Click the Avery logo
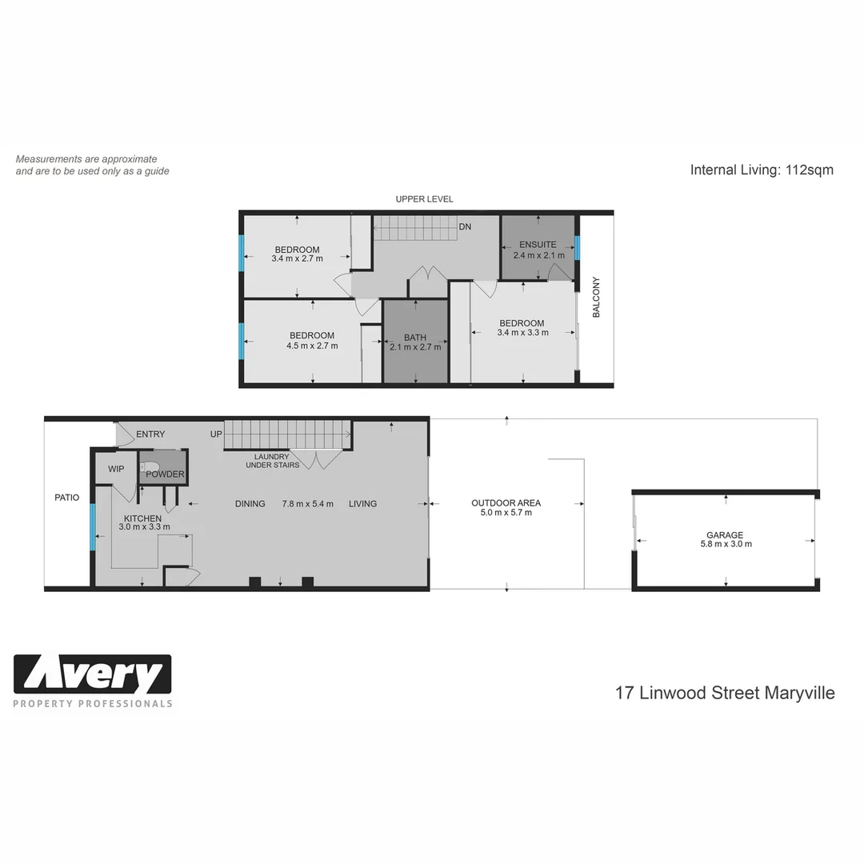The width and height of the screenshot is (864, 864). (x=93, y=675)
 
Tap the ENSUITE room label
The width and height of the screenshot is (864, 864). (x=537, y=245)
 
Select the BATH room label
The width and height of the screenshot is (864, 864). (x=415, y=338)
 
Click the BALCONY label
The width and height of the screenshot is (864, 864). (x=596, y=298)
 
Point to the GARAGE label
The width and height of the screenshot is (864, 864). (x=725, y=535)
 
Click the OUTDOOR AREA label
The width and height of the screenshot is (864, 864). (x=506, y=503)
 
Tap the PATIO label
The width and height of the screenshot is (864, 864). (x=67, y=498)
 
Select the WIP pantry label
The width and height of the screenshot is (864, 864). (x=116, y=469)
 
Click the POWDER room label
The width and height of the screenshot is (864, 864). (x=165, y=474)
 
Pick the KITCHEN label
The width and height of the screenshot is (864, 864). (x=142, y=518)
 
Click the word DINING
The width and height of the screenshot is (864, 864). (x=250, y=504)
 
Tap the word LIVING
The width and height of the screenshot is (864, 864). (x=362, y=504)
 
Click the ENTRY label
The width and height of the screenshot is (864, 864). (x=150, y=434)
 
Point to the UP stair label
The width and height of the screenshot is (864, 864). (x=216, y=434)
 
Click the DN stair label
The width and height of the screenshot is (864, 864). (x=465, y=227)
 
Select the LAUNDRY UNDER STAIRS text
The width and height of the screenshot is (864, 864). (x=272, y=461)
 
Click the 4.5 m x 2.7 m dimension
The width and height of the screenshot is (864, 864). (x=312, y=346)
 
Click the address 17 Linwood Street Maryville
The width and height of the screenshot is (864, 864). (x=725, y=693)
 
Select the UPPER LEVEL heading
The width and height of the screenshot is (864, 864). (x=424, y=199)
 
